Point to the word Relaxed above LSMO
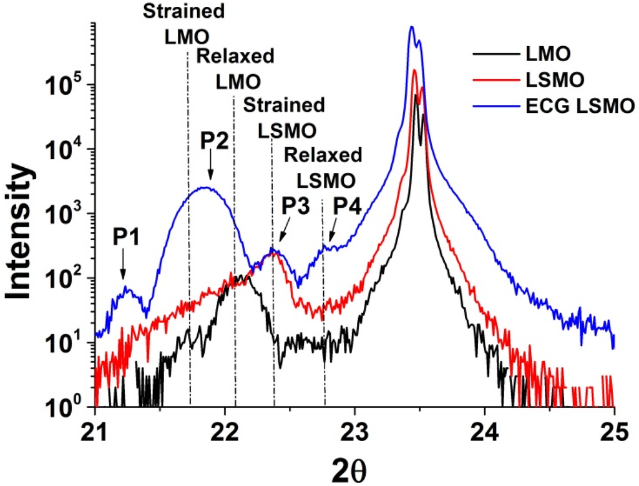(x=323, y=154)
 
